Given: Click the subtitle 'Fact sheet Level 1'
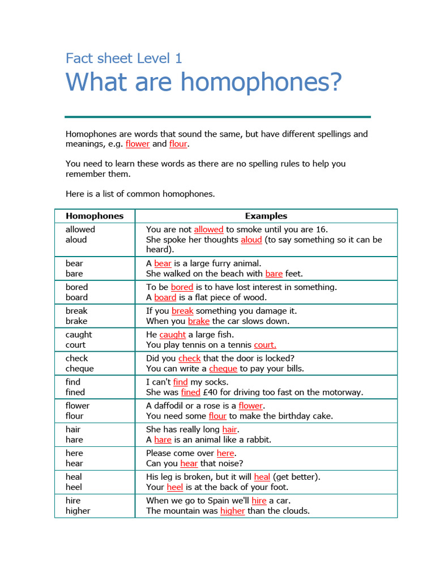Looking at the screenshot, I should tap(123, 58).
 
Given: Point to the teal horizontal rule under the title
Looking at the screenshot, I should tap(217, 117).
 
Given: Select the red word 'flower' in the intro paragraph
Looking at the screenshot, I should tap(138, 144).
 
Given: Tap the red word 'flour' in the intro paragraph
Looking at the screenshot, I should tap(178, 144).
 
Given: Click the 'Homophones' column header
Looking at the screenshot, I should tap(95, 216).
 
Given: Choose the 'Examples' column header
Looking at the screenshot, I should tap(266, 216).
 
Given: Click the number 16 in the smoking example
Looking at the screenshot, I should tap(321, 229).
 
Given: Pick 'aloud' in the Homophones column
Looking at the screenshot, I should tap(76, 240).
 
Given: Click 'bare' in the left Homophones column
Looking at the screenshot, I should tap(74, 274).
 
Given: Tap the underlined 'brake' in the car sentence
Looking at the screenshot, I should tap(199, 321).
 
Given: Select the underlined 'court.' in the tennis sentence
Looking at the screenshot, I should tap(265, 345).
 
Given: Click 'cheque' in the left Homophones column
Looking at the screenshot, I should tap(80, 369).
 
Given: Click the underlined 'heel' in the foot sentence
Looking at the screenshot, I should tap(174, 488).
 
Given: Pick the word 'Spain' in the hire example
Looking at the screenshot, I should tap(217, 501).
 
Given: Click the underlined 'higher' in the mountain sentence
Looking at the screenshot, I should tap(232, 511).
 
